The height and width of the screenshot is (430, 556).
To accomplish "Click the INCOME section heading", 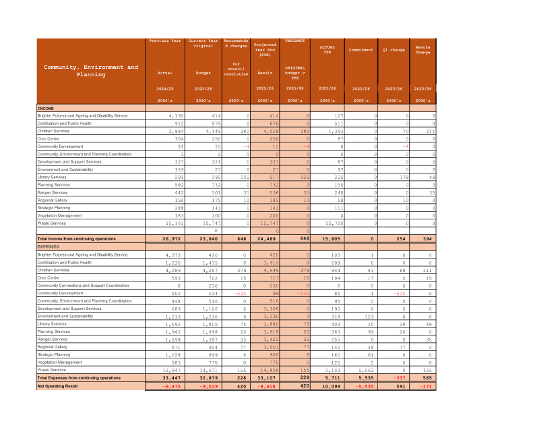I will coord(46,108).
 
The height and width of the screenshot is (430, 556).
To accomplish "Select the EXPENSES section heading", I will coord(48,247).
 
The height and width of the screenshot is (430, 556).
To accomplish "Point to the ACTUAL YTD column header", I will coord(327,49).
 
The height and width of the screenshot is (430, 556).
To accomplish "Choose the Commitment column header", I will coord(361,49).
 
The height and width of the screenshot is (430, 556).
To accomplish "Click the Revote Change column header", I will coord(423,49).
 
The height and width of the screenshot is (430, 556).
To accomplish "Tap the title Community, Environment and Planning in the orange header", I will coord(91,70).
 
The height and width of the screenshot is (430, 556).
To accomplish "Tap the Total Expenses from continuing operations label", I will coord(80,378).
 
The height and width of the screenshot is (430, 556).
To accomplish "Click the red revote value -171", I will coord(424,385).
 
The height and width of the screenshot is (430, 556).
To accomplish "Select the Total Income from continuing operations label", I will coord(78,239).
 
